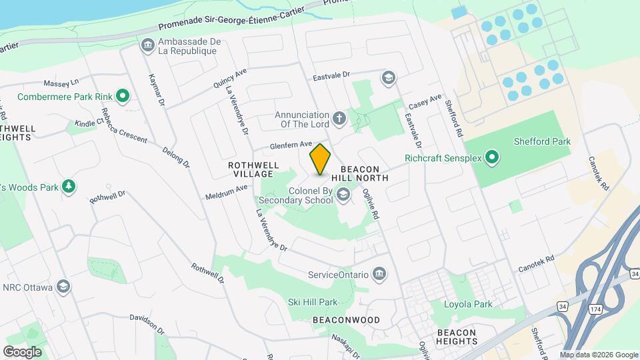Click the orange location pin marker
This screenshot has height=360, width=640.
(321, 159)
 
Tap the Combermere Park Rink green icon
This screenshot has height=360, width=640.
(122, 97)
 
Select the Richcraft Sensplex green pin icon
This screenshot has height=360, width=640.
(492, 158)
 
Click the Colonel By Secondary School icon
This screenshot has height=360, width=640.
(343, 195)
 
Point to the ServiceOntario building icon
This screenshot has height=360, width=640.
(379, 274)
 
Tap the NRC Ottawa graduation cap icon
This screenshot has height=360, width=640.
(63, 287)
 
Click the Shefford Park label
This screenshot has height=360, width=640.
(542, 141)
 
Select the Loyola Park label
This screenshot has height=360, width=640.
(468, 304)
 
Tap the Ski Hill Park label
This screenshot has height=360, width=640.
(313, 302)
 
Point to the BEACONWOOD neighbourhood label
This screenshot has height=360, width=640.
(346, 320)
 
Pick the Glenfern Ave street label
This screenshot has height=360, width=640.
(291, 145)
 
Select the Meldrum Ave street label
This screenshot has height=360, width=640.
(226, 192)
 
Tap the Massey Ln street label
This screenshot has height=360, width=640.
(61, 83)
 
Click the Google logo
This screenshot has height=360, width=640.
(22, 351)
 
